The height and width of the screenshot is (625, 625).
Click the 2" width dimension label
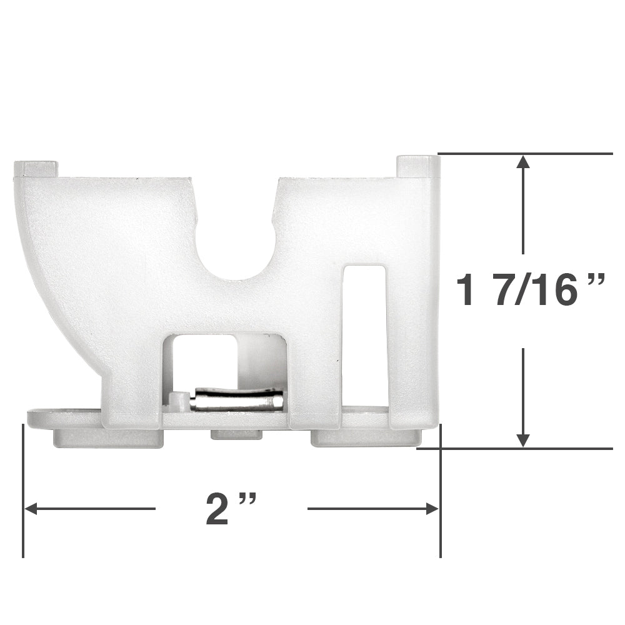click(231, 509)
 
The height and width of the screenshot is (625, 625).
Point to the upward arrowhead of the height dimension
click(524, 164)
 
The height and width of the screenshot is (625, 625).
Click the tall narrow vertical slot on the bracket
click(364, 337)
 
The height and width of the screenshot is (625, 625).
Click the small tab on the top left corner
click(36, 168)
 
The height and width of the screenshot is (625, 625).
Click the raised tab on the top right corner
click(417, 166)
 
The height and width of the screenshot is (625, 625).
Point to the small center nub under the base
click(236, 435)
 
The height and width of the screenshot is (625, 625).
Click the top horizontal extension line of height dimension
click(525, 153)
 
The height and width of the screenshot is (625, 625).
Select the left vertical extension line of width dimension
click(23, 494)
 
